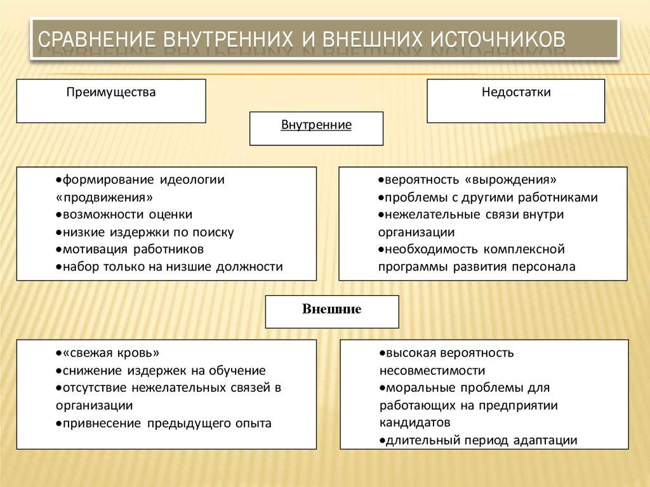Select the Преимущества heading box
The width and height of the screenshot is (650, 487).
point(111,100)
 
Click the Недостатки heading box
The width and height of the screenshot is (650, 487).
point(515,100)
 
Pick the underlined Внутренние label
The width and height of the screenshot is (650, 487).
point(316,126)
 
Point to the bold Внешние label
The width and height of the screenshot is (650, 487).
point(331,310)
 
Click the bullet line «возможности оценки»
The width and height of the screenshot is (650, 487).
point(124,215)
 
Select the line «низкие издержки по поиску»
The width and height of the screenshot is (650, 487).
point(145,232)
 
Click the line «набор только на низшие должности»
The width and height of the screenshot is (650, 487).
point(169,267)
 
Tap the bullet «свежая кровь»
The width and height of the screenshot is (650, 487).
point(107,353)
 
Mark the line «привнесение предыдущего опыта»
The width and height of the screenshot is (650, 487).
point(164,423)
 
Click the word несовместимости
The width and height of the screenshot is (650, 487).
point(432,371)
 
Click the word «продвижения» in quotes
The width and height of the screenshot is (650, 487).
point(105,197)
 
